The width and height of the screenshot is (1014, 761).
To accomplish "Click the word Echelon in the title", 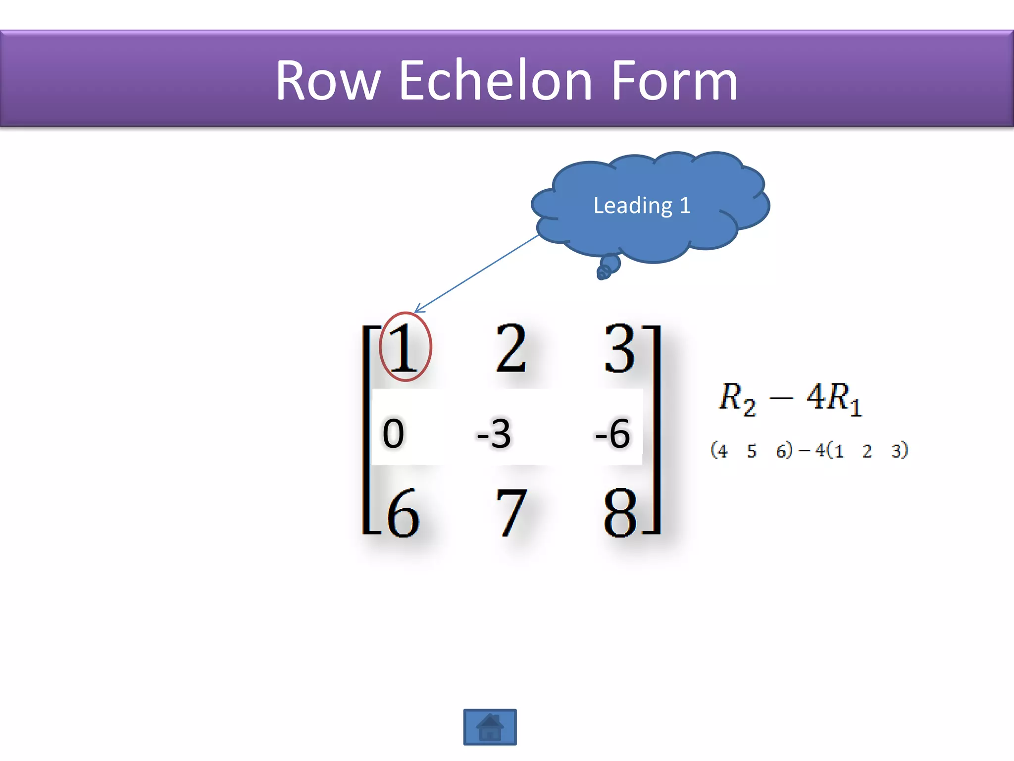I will pyautogui.click(x=495, y=81).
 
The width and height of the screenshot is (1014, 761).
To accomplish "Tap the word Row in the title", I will pyautogui.click(x=328, y=81).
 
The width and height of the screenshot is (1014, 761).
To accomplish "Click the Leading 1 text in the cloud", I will pyautogui.click(x=642, y=205).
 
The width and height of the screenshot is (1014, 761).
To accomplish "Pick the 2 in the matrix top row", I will pyautogui.click(x=510, y=348).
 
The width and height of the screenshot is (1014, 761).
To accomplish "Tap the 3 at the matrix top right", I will pyautogui.click(x=619, y=348).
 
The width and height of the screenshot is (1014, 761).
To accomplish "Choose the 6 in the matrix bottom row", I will pyautogui.click(x=403, y=513).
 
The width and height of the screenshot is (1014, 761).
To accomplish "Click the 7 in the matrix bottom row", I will pyautogui.click(x=511, y=513).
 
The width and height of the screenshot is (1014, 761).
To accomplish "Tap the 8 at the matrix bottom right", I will pyautogui.click(x=619, y=513).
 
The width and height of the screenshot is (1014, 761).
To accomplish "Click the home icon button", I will pyautogui.click(x=490, y=727).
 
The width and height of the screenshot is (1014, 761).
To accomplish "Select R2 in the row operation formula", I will pyautogui.click(x=737, y=399).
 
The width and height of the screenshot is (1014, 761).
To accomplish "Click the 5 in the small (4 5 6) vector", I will pyautogui.click(x=752, y=451).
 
